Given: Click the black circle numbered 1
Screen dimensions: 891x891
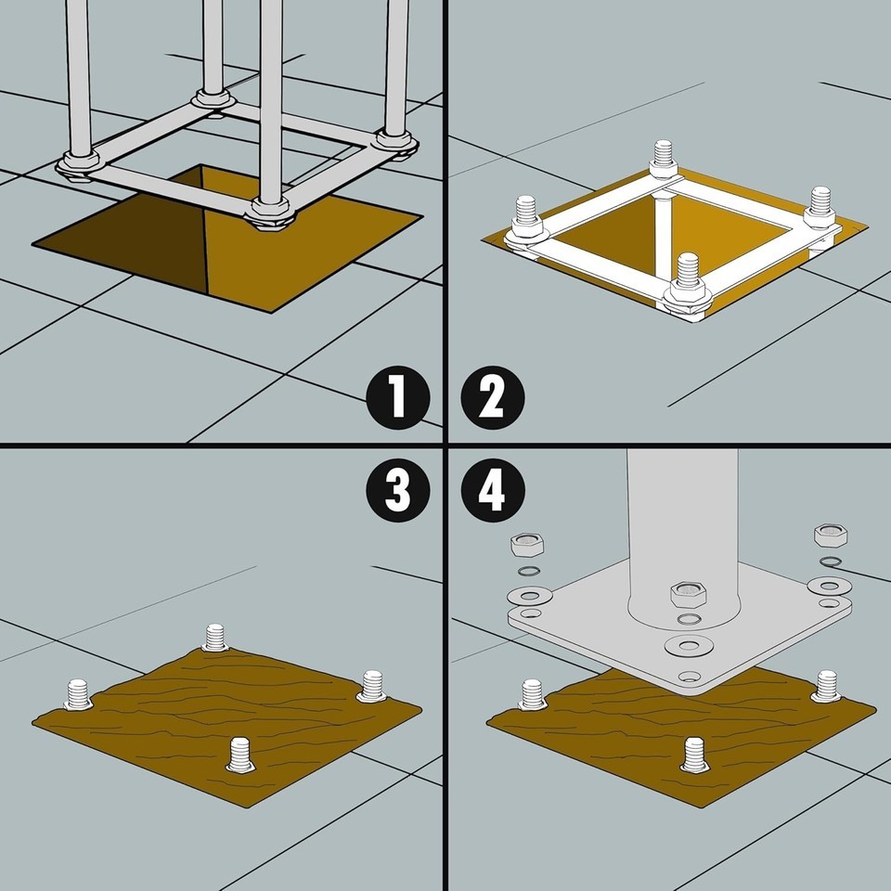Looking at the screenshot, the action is point(398,397).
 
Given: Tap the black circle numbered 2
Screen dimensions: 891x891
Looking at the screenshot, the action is point(493,397).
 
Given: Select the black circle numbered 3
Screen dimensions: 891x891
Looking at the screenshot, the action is point(398,490).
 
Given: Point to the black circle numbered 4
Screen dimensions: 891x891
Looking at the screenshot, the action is point(493,490).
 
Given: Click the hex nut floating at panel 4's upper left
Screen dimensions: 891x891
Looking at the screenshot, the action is point(527,546).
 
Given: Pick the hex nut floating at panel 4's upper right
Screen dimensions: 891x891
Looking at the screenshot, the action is point(831,536).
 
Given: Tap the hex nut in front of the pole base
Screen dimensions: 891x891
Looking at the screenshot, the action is point(688,594).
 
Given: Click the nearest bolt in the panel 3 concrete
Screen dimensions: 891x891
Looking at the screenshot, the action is point(240,755).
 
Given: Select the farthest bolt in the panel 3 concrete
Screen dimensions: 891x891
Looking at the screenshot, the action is point(215,637).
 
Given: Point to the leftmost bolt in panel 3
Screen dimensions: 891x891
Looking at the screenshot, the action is point(78,694).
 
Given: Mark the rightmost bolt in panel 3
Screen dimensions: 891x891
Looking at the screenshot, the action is point(372,686).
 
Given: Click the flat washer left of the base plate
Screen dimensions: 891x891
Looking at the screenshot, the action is point(530,596).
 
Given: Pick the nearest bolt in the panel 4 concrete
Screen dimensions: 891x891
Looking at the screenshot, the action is point(694,755).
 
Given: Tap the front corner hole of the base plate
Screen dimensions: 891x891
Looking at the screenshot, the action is point(689,677).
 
